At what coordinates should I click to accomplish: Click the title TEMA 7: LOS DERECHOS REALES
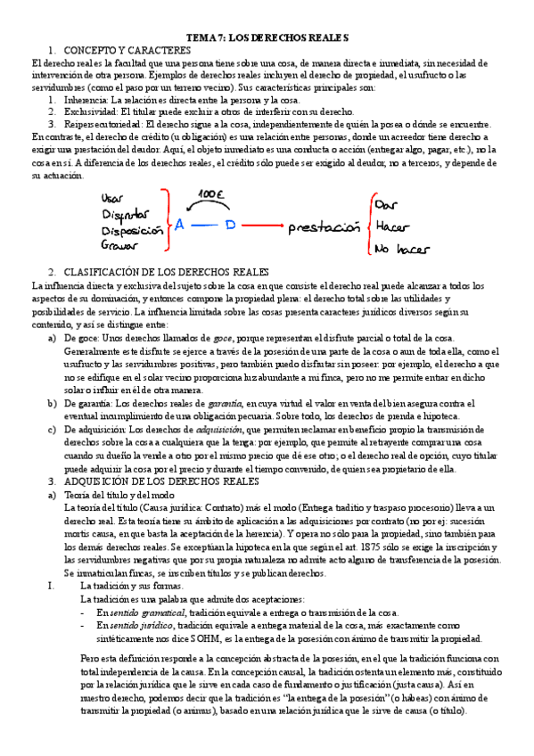click(x=267, y=38)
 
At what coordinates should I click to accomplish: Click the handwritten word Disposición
click(x=134, y=229)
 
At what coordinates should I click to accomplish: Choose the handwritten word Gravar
click(x=120, y=244)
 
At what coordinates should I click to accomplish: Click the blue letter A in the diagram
click(x=179, y=226)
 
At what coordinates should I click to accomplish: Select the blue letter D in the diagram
click(x=229, y=226)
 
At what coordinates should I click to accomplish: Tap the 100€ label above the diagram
click(x=211, y=193)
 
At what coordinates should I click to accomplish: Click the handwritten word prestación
click(x=322, y=228)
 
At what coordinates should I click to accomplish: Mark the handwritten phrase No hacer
click(x=402, y=251)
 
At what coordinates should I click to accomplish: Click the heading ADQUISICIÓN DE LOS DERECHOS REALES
click(x=155, y=481)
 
